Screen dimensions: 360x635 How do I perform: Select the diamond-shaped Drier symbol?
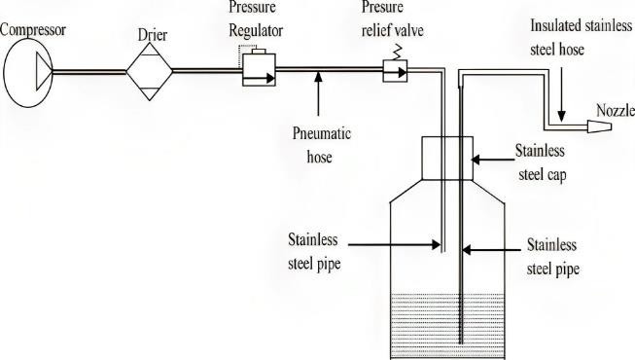click(150, 70)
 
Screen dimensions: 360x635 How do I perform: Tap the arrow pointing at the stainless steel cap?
click(492, 156)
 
